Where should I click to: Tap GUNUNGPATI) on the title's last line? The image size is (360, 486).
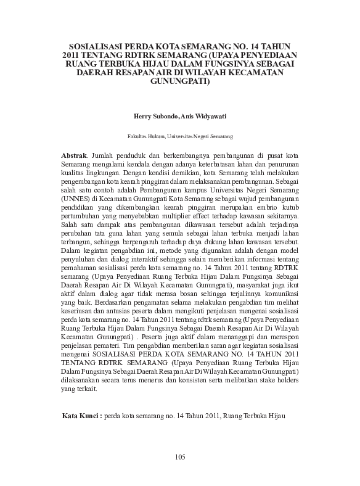pos(180,80)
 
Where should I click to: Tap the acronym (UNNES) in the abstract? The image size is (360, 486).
pos(76,200)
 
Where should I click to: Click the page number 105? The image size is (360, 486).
pos(180,456)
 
